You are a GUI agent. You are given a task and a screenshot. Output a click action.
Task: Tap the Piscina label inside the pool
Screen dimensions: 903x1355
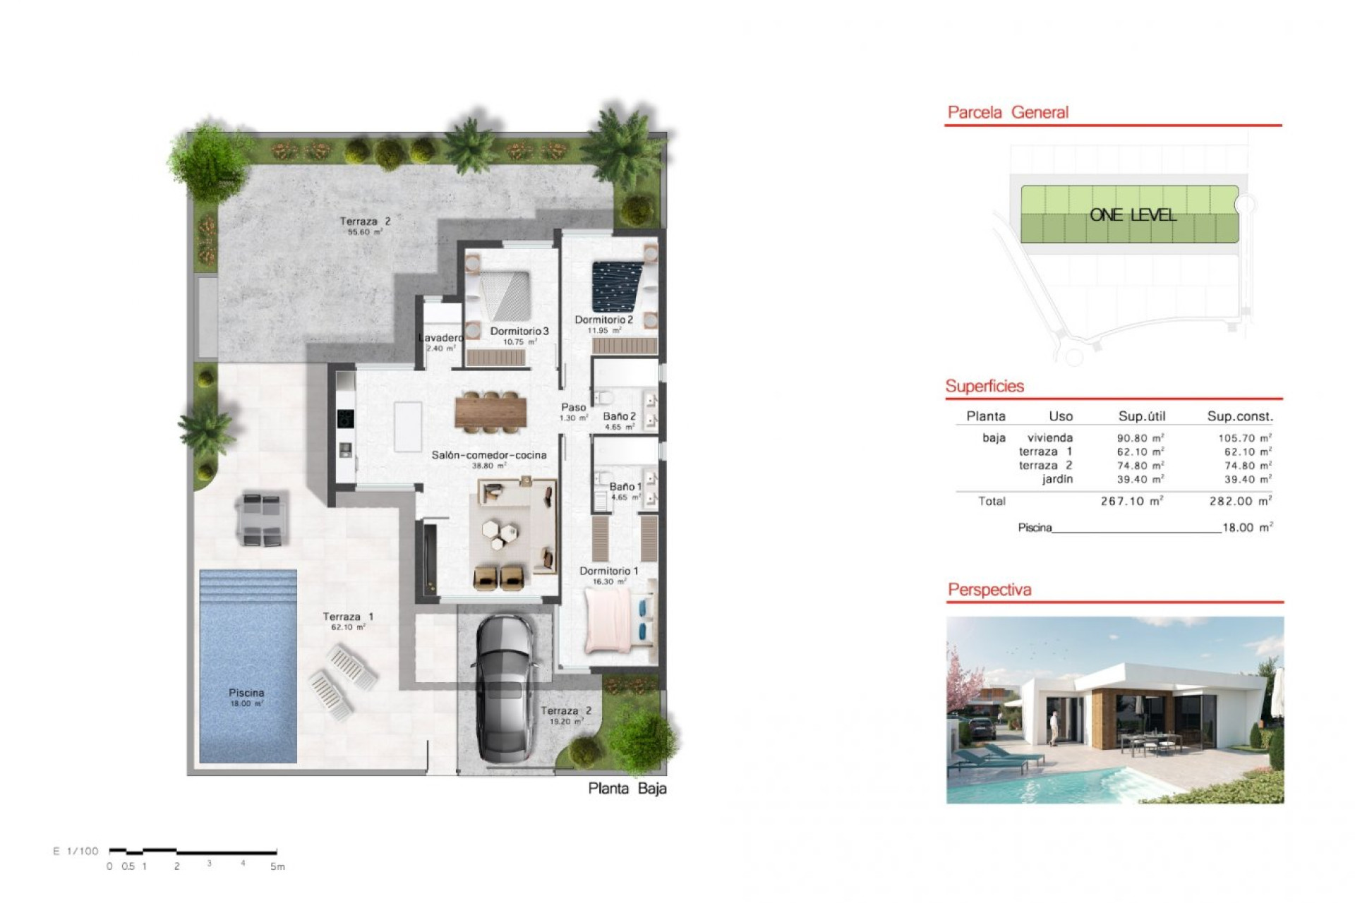point(246,693)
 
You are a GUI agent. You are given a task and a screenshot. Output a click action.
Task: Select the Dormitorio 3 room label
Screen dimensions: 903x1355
point(519,331)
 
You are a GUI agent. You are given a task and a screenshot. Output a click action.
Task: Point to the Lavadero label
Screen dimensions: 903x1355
point(440,338)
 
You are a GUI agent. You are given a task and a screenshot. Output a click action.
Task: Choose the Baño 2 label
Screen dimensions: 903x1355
point(619,416)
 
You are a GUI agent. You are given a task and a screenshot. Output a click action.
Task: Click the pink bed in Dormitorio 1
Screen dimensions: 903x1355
point(608,621)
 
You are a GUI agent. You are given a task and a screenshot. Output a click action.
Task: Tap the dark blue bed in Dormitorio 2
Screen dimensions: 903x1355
point(618,286)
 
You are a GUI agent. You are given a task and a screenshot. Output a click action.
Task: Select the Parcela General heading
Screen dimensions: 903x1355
point(1007,112)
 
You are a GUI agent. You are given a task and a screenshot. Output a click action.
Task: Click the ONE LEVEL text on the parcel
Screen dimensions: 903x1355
point(1132,215)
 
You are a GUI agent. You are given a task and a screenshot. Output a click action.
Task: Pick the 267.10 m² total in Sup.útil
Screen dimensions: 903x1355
point(1131,502)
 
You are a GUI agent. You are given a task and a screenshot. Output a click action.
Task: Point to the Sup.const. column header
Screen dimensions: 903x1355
point(1239,416)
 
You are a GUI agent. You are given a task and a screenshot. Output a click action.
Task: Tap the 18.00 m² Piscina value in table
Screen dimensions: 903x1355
point(1247,528)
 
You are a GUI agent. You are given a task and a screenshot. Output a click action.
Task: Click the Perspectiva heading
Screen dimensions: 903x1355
point(989,590)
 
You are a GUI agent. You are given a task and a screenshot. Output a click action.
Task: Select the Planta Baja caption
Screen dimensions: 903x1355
point(627,789)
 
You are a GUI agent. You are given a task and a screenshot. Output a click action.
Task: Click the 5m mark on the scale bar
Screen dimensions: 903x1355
point(277,866)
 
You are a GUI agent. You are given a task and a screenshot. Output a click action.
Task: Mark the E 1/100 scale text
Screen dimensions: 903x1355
point(76,851)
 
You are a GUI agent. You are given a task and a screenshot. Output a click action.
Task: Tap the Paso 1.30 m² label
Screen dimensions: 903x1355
point(573,412)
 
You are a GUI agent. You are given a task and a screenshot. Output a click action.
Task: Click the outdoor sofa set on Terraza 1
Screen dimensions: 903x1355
point(263,520)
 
